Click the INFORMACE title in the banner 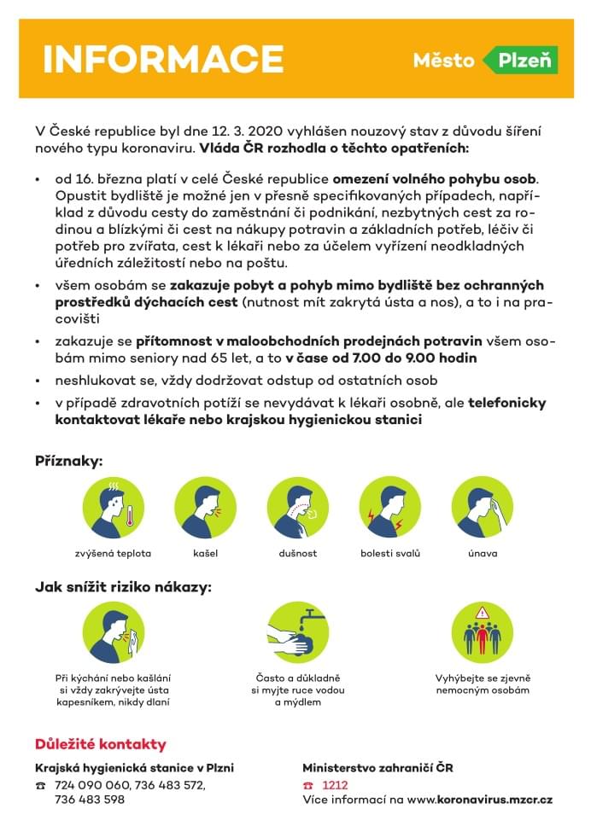coord(163,59)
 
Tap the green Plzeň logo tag coord(520,61)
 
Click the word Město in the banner coord(443,61)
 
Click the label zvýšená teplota coord(113,553)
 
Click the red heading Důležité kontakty coord(101,744)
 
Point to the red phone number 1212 coord(335,784)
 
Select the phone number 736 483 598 coord(89,800)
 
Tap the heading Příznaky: coord(68,461)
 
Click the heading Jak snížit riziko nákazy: coord(122,587)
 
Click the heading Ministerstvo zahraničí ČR coord(377,768)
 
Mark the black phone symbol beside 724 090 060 coord(40,785)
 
